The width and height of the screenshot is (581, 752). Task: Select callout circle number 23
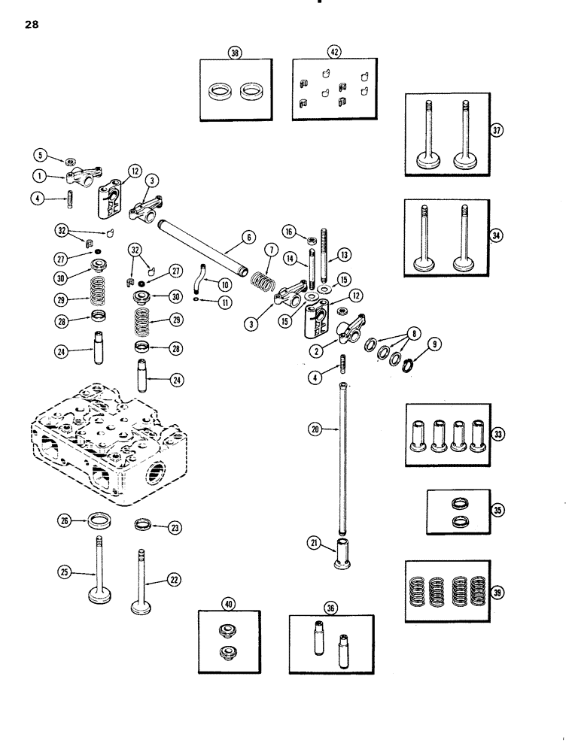[x=175, y=527]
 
